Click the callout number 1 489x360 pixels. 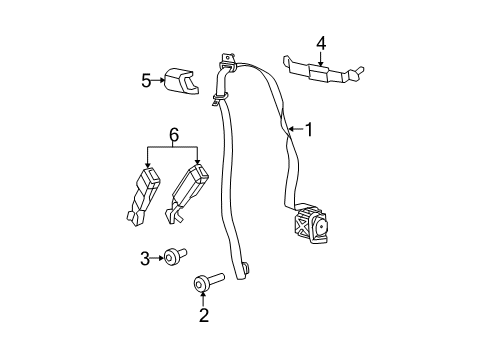pyautogui.click(x=309, y=129)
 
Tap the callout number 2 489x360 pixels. pyautogui.click(x=203, y=317)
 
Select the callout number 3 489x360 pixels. pyautogui.click(x=146, y=259)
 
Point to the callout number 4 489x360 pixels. pyautogui.click(x=321, y=43)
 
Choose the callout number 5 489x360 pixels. pyautogui.click(x=146, y=80)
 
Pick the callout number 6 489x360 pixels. pyautogui.click(x=173, y=133)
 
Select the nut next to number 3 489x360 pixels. pyautogui.click(x=174, y=259)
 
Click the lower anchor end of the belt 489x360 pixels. pyautogui.click(x=243, y=267)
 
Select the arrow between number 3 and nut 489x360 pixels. pyautogui.click(x=158, y=259)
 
